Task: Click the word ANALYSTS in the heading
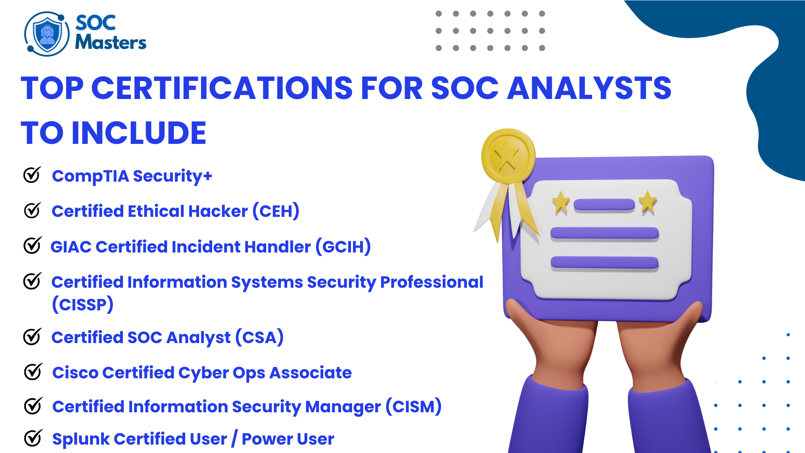[589, 89]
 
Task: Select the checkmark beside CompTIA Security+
[32, 175]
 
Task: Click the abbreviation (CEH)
[276, 211]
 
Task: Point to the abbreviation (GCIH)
[343, 247]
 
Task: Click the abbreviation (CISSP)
[83, 305]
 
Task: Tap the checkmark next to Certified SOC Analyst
[32, 336]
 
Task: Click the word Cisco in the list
[75, 372]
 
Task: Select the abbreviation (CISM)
[413, 406]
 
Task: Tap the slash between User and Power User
[234, 439]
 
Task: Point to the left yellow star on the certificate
[561, 203]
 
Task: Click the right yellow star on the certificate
[648, 202]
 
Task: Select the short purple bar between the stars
[604, 205]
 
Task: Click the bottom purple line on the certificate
[604, 263]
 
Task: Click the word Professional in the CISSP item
[431, 282]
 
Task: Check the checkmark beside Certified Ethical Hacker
[32, 210]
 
